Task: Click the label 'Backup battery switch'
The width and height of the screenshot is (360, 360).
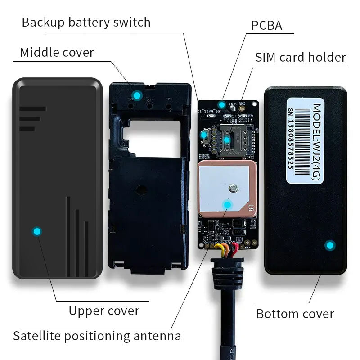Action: coord(86,22)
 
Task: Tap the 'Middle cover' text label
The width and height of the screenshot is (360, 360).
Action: coord(57,52)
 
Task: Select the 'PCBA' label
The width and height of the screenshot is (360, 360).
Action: coord(266,25)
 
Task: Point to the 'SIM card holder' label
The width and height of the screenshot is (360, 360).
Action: coord(300,58)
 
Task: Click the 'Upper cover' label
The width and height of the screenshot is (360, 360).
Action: coord(104,310)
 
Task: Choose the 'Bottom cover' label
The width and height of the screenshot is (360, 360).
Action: coord(295,314)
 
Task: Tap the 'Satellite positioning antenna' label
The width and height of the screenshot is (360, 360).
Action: coord(97,336)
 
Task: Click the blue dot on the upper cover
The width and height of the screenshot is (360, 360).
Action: coord(37,231)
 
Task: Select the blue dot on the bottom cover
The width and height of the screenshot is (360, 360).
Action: coord(330,245)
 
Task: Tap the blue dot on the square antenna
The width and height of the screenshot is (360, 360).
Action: coord(227,205)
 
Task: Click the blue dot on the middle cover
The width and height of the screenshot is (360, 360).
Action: coord(136,95)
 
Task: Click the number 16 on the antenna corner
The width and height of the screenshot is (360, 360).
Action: coord(250,208)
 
